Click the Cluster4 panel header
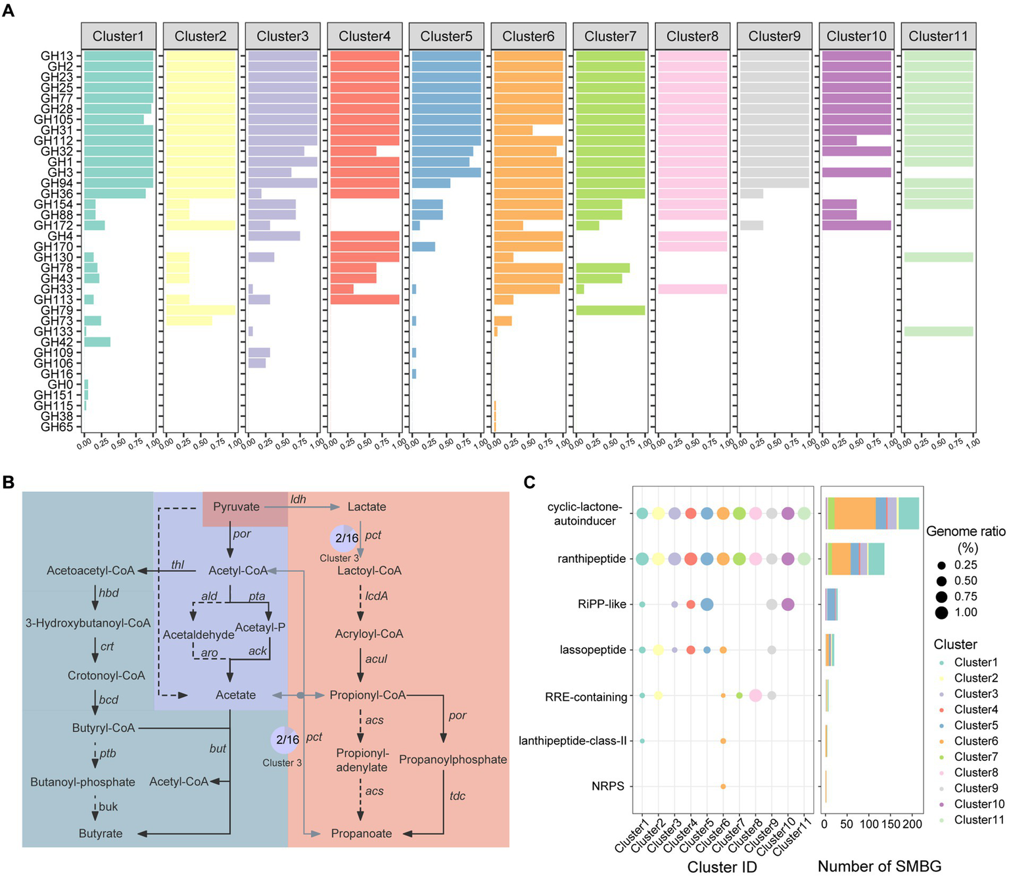point(364,36)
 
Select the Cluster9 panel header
point(774,36)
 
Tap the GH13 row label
point(57,56)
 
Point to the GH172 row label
point(54,226)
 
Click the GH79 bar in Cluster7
point(610,310)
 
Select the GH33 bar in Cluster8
point(692,289)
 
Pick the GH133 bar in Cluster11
point(938,331)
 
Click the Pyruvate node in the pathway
point(237,507)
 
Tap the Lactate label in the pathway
point(367,507)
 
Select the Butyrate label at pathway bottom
point(101,833)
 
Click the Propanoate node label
point(362,833)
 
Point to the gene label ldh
point(298,499)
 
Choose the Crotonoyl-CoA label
point(106,675)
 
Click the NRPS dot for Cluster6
point(723,787)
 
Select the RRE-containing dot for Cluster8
point(755,695)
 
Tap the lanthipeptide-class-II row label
point(573,741)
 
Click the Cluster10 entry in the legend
point(979,804)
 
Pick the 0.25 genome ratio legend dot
point(941,565)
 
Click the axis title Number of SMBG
point(880,866)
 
